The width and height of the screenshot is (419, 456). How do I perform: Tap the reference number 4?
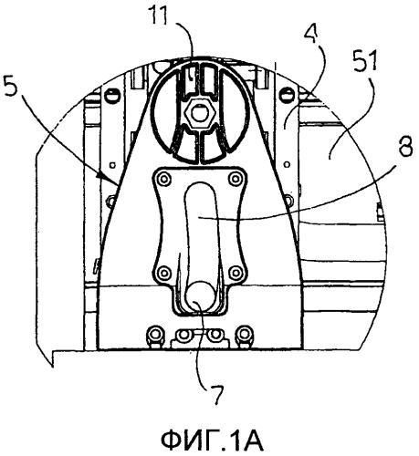[311, 33]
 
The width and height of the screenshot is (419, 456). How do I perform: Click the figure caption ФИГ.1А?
[212, 440]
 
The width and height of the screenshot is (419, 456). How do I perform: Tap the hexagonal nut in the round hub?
[199, 115]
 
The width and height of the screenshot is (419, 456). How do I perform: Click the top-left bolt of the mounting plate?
[164, 178]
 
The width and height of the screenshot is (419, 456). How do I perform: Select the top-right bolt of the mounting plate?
[236, 178]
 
